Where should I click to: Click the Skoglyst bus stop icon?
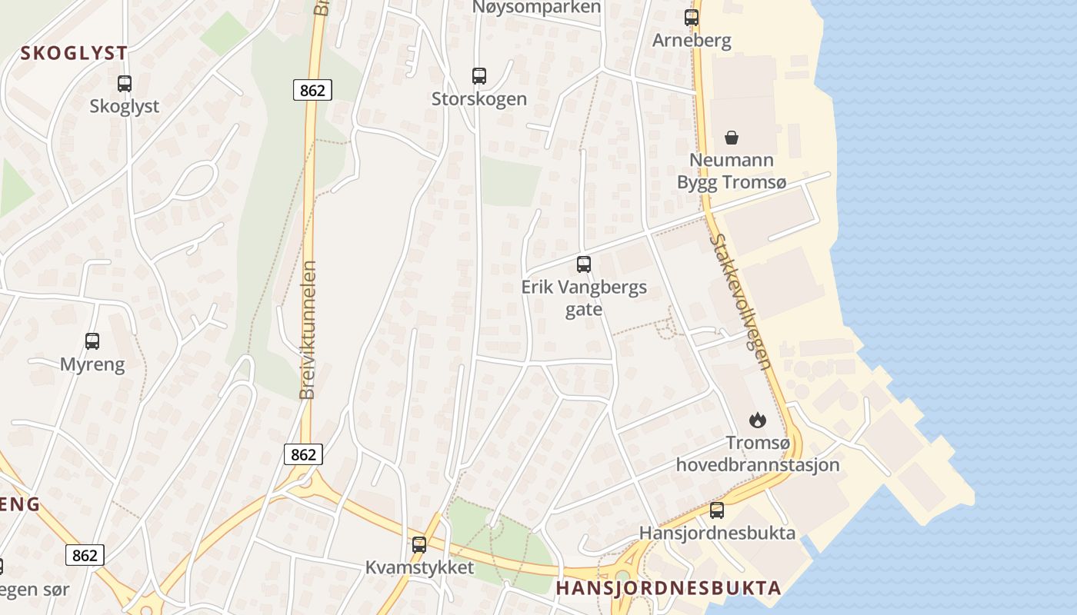[x=125, y=83]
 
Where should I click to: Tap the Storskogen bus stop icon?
[x=479, y=76]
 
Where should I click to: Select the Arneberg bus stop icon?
[x=692, y=17]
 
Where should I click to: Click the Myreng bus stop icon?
[x=92, y=341]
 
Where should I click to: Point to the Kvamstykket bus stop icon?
[x=419, y=544]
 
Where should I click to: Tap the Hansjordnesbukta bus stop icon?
[x=717, y=510]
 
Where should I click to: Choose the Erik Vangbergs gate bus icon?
[x=584, y=264]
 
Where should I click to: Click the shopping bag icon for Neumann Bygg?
[x=732, y=138]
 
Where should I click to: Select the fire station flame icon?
[x=758, y=420]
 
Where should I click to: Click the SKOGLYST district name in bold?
[x=74, y=53]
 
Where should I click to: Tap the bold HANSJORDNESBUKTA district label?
[x=668, y=588]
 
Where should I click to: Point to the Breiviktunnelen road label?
[x=308, y=331]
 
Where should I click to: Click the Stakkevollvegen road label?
[x=740, y=302]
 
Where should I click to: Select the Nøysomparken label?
[x=537, y=7]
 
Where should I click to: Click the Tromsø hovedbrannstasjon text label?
[x=758, y=454]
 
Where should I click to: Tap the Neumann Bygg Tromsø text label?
[x=732, y=171]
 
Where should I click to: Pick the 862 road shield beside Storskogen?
[x=312, y=90]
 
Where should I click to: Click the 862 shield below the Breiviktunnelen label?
[x=303, y=454]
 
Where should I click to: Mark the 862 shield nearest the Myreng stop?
[x=85, y=554]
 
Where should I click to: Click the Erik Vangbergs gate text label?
[x=584, y=298]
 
